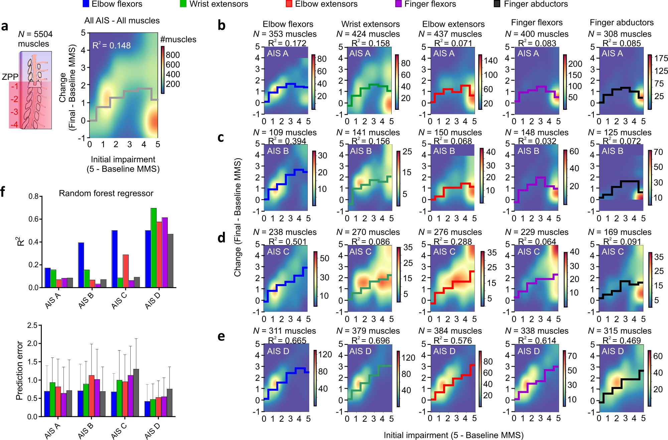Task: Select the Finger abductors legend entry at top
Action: coord(531,4)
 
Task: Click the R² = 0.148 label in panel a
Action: coord(112,45)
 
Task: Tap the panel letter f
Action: coord(3,192)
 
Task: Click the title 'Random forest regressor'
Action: coord(106,193)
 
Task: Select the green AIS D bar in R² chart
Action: coord(153,247)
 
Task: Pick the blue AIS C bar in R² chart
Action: coord(114,259)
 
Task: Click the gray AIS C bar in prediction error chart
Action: coord(136,392)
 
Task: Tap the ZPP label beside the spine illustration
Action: coord(10,77)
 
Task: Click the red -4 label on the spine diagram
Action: coord(14,125)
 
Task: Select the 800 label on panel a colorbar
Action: coord(173,55)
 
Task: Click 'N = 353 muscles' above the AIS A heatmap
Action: coord(285,34)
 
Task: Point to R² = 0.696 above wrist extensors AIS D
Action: coord(371,341)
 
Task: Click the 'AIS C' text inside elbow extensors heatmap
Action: coord(444,252)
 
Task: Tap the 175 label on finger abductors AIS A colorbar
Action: coord(661,58)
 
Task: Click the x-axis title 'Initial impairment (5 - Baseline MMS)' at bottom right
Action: coord(453,435)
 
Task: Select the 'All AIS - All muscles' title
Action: coord(122,21)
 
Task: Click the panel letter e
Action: coord(221,336)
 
